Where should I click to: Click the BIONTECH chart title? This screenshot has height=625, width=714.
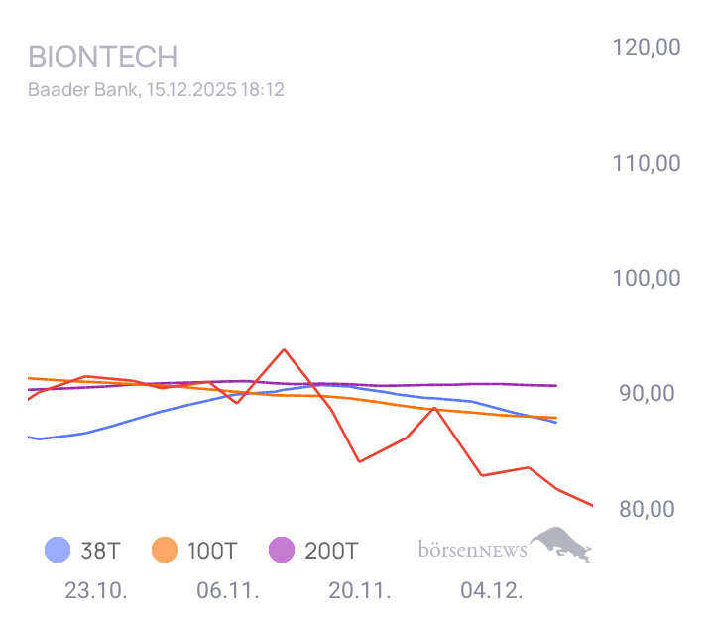[102, 56]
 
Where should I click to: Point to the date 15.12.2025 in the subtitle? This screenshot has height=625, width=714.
[188, 90]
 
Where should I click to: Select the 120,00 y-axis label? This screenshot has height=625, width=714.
[645, 47]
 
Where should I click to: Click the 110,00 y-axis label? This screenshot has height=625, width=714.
[645, 162]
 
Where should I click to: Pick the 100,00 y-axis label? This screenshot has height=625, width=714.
[645, 278]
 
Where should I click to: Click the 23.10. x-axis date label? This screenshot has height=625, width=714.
[96, 591]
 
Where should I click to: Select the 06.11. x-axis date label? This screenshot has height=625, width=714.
[228, 591]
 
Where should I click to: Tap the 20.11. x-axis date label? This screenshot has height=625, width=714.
[360, 591]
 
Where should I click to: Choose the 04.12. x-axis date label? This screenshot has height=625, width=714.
[492, 591]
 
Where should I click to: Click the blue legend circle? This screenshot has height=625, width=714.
[58, 549]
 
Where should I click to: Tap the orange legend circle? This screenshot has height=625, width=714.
[164, 549]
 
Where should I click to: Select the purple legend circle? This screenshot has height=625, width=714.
[282, 549]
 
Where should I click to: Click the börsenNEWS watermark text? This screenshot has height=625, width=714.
[473, 548]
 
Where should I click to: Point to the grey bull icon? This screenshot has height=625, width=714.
[562, 544]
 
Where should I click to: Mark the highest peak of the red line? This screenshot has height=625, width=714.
[284, 349]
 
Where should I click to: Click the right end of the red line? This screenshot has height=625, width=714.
[592, 506]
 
